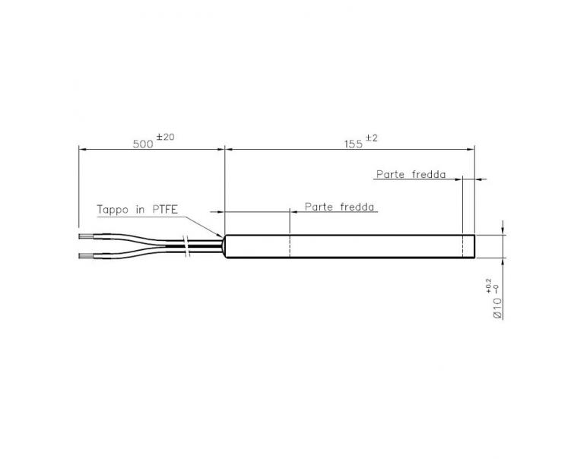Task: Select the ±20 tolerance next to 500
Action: [165, 137]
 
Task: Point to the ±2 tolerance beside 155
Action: [371, 138]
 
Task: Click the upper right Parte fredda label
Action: [411, 174]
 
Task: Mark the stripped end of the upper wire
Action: [86, 238]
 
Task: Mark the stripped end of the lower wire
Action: [86, 255]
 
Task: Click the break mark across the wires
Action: [187, 246]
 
